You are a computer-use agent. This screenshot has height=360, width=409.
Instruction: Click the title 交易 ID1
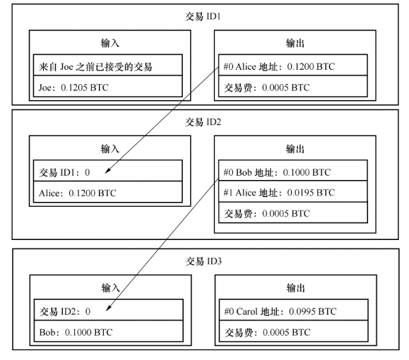(x=203, y=16)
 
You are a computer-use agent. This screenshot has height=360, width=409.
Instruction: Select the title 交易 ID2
(x=203, y=121)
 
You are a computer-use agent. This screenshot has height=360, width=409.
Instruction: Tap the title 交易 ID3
(x=203, y=261)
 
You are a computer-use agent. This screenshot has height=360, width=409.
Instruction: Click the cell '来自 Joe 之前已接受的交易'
(x=108, y=65)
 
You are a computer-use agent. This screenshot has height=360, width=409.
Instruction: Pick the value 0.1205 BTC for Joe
(x=85, y=88)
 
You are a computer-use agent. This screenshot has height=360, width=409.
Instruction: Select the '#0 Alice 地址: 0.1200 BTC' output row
(x=293, y=65)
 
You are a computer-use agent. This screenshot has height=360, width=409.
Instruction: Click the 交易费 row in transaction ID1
(x=293, y=86)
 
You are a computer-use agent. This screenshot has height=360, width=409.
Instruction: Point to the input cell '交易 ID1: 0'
(x=108, y=171)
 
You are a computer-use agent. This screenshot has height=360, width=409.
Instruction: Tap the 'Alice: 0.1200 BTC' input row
(x=108, y=191)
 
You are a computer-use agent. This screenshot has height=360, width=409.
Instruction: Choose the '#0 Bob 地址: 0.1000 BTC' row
(x=293, y=171)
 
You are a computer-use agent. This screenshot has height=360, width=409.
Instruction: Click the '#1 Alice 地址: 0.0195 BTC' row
(x=293, y=191)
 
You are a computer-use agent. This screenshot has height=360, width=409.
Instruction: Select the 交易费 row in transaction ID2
(x=293, y=212)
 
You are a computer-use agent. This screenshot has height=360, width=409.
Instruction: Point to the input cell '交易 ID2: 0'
(x=109, y=310)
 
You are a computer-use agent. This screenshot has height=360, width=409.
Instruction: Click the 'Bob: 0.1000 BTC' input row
(x=109, y=331)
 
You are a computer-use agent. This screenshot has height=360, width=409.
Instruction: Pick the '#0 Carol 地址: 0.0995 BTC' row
(x=293, y=310)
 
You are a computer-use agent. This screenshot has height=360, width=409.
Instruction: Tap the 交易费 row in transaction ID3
(x=293, y=331)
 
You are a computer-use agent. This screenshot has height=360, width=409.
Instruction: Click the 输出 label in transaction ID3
(x=295, y=288)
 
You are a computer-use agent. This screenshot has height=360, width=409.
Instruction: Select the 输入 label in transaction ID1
(x=110, y=43)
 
